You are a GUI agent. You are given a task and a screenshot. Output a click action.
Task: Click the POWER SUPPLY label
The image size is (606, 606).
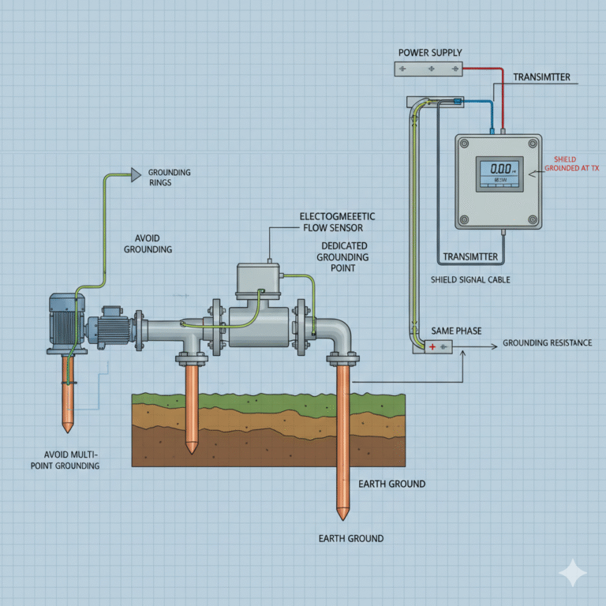click(430, 53)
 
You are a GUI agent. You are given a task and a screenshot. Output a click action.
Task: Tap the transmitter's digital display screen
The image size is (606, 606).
click(499, 173)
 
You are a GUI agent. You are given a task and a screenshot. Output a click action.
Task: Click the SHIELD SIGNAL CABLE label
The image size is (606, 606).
click(470, 280)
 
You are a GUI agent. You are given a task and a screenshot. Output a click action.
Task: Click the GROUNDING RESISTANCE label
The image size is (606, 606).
click(547, 343)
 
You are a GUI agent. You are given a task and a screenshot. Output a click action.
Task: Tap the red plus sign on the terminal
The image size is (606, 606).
click(432, 347)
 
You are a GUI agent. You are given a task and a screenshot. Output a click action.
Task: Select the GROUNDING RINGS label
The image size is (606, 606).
click(169, 177)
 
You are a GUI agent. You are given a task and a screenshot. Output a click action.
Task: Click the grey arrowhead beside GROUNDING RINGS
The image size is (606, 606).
click(136, 172)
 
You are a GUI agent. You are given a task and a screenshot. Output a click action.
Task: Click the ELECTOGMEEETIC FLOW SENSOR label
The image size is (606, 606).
click(338, 222)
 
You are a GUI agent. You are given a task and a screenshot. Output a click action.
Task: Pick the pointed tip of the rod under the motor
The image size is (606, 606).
click(68, 428)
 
